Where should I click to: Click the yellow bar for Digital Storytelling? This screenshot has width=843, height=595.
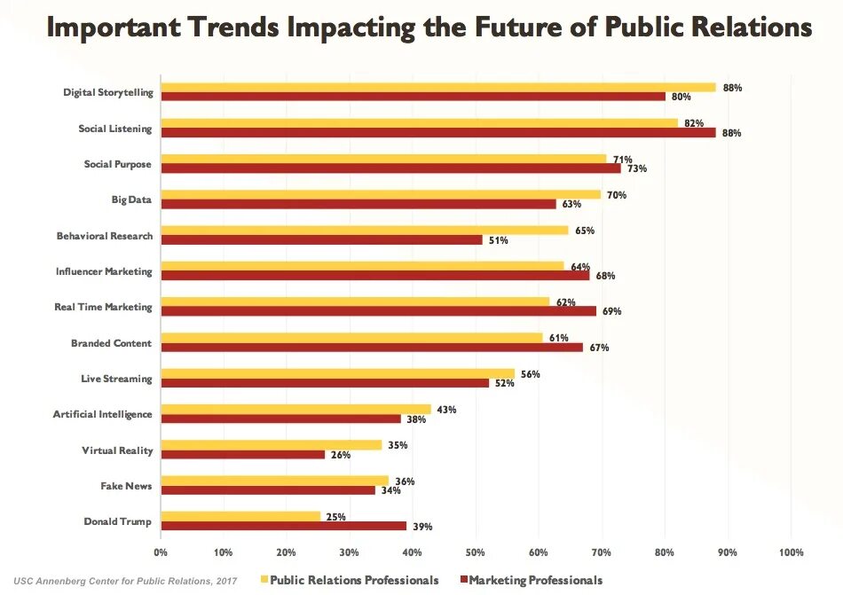tap(438, 88)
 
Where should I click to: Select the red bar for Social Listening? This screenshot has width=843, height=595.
tap(438, 133)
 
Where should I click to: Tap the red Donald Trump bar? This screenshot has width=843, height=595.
tap(283, 526)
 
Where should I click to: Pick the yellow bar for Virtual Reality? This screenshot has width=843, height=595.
tap(271, 445)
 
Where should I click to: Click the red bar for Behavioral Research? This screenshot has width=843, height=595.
tap(321, 239)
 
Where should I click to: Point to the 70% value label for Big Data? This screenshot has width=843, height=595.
tap(618, 195)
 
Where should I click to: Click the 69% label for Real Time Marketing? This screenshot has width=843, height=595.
tap(612, 311)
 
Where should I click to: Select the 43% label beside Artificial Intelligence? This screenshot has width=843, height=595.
tap(445, 409)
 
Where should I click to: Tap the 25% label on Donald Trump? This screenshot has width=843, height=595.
tap(337, 516)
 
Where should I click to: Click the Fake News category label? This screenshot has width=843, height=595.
tap(126, 486)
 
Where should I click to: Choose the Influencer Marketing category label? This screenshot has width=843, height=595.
tap(104, 271)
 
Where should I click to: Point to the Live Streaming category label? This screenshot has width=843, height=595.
tap(116, 379)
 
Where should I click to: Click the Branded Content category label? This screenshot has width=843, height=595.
tap(112, 343)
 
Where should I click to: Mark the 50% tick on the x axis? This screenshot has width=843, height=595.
tap(476, 552)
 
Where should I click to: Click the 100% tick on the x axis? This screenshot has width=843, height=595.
tap(791, 552)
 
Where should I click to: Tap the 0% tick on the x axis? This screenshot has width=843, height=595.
tap(161, 552)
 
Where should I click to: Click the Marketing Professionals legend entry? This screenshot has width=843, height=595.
tap(532, 580)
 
